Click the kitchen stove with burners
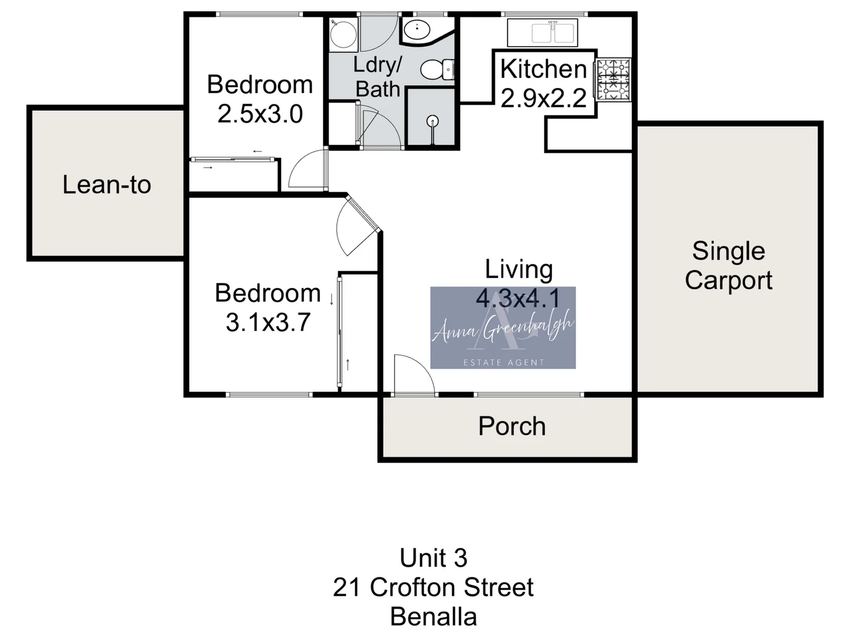[x=614, y=80]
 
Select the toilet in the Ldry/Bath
[x=437, y=70]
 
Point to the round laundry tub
[x=342, y=34]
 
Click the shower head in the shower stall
[x=433, y=122]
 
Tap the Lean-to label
[x=107, y=185]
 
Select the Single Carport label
[x=728, y=265]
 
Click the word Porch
[x=512, y=426]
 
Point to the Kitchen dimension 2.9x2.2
[x=543, y=98]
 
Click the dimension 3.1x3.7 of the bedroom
[x=268, y=323]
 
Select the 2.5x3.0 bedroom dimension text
[x=260, y=114]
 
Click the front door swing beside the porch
[x=413, y=375]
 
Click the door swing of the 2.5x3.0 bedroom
[x=306, y=170]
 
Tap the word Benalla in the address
[x=433, y=617]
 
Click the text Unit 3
[x=433, y=558]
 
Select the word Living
[x=519, y=270]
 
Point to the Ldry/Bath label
[x=378, y=77]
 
